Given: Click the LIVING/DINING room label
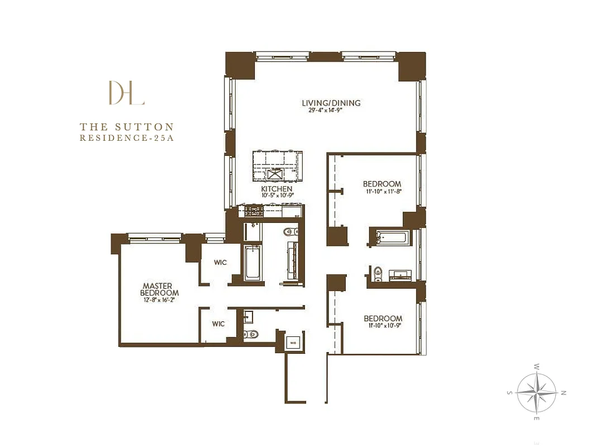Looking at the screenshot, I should (331, 103).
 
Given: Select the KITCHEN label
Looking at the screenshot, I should (276, 189).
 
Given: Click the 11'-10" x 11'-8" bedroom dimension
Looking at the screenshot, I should (382, 192).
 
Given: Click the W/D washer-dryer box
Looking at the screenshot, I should (293, 342).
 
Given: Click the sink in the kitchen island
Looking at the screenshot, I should (276, 174).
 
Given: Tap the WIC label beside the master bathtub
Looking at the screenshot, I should (220, 263).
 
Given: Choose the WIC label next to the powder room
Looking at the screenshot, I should (218, 324).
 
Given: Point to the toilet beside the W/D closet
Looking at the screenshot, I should (251, 335).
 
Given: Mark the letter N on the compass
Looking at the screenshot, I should (564, 393).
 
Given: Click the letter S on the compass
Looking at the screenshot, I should (509, 393).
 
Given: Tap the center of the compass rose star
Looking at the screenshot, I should (536, 392).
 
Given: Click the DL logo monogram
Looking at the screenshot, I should (127, 93).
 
